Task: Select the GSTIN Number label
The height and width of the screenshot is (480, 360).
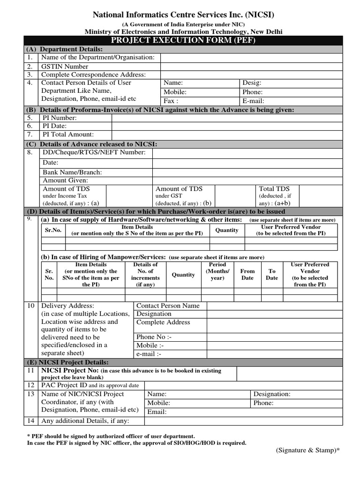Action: click(65, 66)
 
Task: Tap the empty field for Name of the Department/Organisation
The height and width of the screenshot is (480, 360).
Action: click(251, 57)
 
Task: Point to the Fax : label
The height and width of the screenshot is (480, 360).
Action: click(171, 101)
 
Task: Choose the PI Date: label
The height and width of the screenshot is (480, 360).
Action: click(55, 126)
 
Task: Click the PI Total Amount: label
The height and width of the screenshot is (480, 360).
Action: click(68, 135)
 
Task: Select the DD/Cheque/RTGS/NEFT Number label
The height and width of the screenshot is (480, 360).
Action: click(94, 152)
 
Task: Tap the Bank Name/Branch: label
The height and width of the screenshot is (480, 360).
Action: click(72, 172)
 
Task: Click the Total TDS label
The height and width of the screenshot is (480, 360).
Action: click(274, 188)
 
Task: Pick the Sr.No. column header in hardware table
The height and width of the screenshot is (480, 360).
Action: click(53, 230)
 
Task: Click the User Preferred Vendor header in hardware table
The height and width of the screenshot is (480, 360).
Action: click(291, 230)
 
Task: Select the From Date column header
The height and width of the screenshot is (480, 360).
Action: click(247, 274)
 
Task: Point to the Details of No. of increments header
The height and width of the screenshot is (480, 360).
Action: click(145, 274)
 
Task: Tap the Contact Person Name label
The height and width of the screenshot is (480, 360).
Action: click(168, 306)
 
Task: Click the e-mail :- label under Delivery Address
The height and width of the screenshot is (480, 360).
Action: click(149, 354)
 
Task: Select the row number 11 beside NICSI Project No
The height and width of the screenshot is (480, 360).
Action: click(31, 371)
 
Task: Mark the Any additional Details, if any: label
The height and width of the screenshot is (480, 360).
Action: click(85, 420)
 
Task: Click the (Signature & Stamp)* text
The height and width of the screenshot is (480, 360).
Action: click(307, 450)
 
